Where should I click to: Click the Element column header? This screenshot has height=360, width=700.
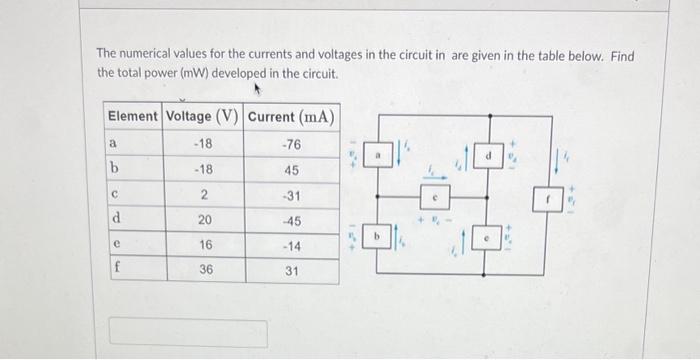pyautogui.click(x=132, y=117)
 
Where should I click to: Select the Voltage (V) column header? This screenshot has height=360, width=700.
pyautogui.click(x=202, y=117)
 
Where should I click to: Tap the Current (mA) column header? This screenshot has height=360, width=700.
pyautogui.click(x=291, y=117)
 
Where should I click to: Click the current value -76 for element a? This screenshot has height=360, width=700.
pyautogui.click(x=291, y=144)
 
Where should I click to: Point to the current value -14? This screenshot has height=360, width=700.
pyautogui.click(x=291, y=245)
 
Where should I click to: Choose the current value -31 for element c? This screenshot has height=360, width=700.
pyautogui.click(x=291, y=194)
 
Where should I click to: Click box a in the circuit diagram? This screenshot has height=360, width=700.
pyautogui.click(x=380, y=156)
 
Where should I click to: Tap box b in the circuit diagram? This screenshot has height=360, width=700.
pyautogui.click(x=380, y=236)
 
